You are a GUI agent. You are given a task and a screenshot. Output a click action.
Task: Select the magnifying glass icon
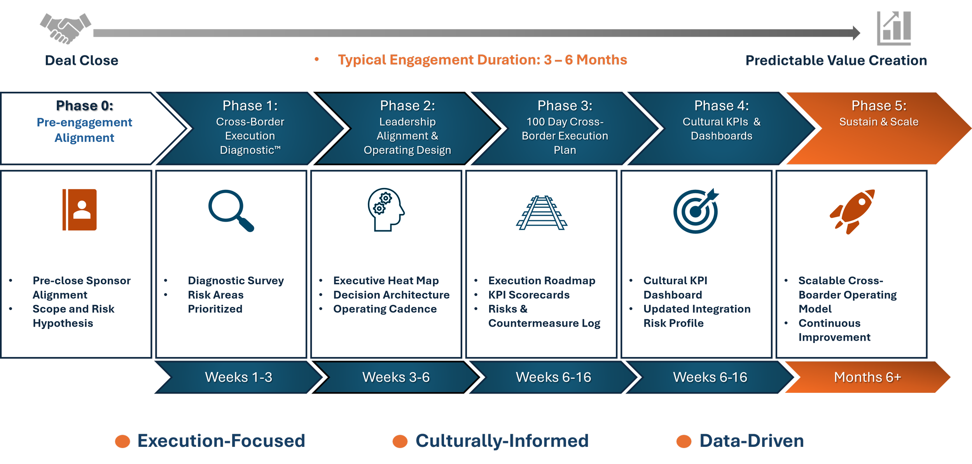point(231,210)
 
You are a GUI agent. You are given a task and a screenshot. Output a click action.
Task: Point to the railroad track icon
point(542,213)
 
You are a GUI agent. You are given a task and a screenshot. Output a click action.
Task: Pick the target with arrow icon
point(696,211)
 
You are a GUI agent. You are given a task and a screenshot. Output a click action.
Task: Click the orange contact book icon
point(80,210)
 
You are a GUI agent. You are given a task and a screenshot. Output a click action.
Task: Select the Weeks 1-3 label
point(238,377)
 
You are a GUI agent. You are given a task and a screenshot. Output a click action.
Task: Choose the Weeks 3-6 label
point(396,377)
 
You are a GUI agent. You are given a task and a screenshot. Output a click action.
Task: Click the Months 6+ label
point(867,377)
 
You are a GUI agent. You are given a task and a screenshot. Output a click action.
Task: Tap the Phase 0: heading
point(85,106)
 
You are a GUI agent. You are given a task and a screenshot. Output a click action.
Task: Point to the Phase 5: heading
point(879,106)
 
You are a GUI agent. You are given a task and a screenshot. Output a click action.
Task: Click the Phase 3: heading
point(565,106)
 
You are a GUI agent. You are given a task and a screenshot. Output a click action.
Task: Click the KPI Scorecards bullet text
point(529,295)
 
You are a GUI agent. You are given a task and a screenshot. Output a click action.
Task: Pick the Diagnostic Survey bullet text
point(236,280)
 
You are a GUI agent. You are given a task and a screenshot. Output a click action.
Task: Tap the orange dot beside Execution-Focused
point(122,441)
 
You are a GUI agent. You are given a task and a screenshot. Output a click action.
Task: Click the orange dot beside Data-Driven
point(684,441)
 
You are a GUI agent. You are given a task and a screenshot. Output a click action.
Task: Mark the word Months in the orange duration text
point(601,60)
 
